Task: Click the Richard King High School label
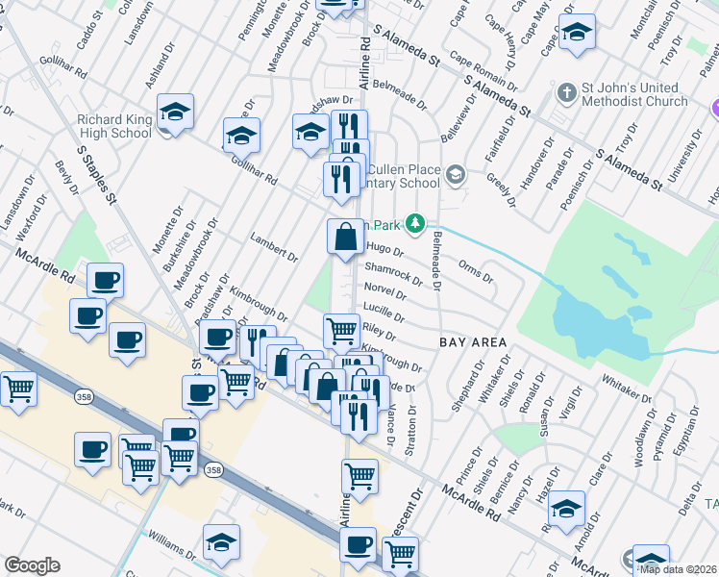113,126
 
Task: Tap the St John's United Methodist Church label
633,94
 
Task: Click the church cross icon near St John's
567,93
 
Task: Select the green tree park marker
414,222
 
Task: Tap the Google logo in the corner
32,564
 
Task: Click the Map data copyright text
681,568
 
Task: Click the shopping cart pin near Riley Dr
341,331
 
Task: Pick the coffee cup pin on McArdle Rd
106,280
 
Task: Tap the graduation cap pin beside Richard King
175,112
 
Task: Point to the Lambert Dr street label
274,247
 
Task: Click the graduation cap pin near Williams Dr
221,543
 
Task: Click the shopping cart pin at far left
18,389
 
